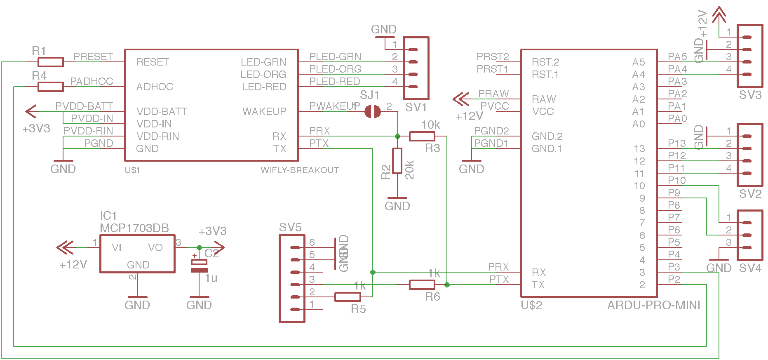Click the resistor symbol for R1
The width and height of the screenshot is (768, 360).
coord(51,62)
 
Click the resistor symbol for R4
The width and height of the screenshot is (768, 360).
coord(51,87)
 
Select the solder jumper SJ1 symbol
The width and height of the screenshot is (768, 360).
coord(373,111)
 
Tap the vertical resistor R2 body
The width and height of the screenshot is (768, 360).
coord(397,161)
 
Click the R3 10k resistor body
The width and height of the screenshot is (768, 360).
coord(422,136)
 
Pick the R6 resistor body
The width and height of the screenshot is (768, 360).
coord(422,285)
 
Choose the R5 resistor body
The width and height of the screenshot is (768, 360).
coord(348,297)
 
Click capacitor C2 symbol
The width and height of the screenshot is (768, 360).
coord(199,266)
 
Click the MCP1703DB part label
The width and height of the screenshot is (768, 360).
coord(134,228)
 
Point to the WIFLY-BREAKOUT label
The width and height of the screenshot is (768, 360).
coord(300,170)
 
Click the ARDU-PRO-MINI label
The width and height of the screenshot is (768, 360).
coord(653,305)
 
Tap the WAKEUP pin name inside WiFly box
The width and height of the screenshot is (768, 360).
coord(264,111)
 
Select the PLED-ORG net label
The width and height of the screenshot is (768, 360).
coord(335,69)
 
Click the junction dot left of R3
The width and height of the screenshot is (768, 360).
coord(397,136)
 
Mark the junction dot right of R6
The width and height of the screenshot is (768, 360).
coord(447,285)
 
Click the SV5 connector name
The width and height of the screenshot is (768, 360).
coord(290,227)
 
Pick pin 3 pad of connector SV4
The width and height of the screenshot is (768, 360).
coord(747,247)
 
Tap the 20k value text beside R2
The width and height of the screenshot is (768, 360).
coord(409,169)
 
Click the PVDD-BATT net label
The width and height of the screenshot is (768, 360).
coord(84,106)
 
